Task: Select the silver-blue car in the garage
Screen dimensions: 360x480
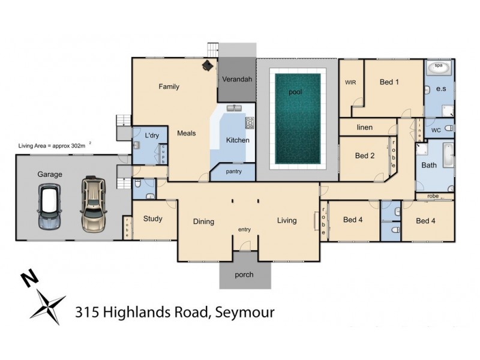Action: (x=50, y=207)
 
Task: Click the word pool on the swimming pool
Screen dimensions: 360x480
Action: (x=295, y=92)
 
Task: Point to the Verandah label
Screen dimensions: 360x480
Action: (x=236, y=79)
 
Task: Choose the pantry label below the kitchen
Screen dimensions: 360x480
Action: (x=233, y=172)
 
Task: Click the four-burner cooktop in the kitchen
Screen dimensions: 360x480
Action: (x=249, y=123)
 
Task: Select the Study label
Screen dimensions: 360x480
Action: (x=153, y=218)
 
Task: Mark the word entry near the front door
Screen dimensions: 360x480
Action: (x=244, y=229)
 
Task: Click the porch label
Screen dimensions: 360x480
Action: (x=244, y=275)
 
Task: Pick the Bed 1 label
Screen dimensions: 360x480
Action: (x=389, y=82)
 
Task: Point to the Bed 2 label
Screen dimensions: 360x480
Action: (x=365, y=156)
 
